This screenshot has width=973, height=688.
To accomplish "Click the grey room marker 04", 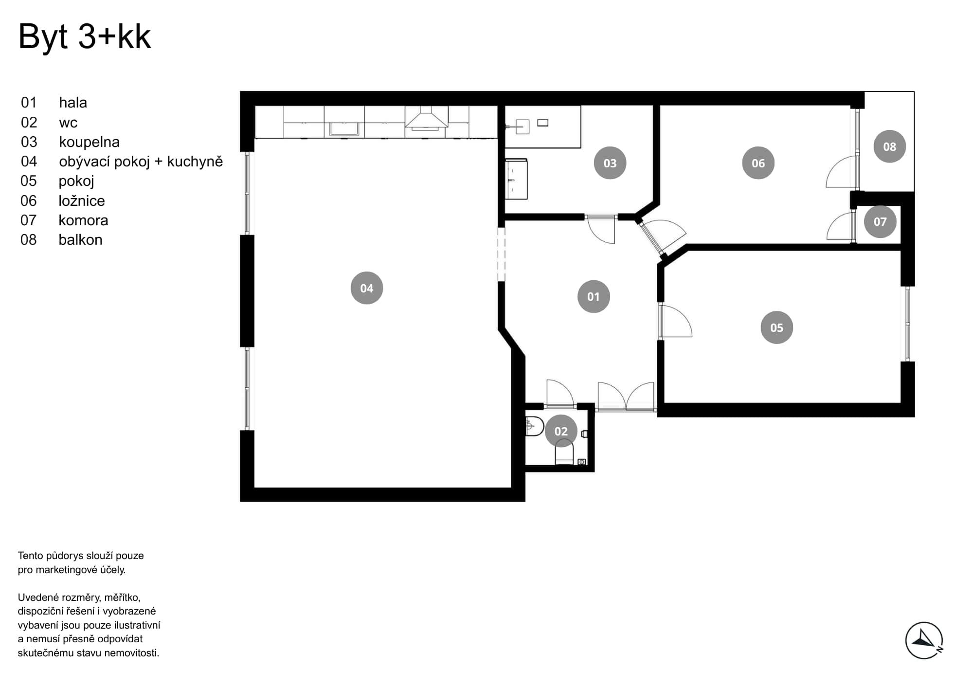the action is [366, 288].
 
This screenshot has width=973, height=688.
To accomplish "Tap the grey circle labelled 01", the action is [593, 296].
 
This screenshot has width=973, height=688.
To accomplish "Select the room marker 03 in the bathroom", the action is [610, 163].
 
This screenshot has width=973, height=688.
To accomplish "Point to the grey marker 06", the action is [758, 163].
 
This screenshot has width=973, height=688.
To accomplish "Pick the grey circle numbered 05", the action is [776, 327].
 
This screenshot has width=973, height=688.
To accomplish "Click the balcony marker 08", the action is [889, 146].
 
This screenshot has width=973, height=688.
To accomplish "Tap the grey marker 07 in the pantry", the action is [880, 221].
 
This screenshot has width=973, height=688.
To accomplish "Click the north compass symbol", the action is [924, 640].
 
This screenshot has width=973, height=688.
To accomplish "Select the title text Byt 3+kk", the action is [85, 37].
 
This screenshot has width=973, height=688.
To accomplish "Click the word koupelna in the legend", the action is [89, 142].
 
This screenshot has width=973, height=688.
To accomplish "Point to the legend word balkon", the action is [80, 240].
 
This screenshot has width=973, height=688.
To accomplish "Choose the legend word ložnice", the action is [82, 200].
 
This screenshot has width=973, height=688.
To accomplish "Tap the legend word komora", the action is [83, 220].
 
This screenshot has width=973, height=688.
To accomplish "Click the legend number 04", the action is [29, 162].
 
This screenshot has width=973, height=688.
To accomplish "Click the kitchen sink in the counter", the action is [344, 129].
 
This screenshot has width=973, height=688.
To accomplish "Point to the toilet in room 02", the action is [564, 452].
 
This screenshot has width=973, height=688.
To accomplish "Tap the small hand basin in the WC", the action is [534, 427].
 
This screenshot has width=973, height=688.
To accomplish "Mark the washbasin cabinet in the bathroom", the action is [516, 179].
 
